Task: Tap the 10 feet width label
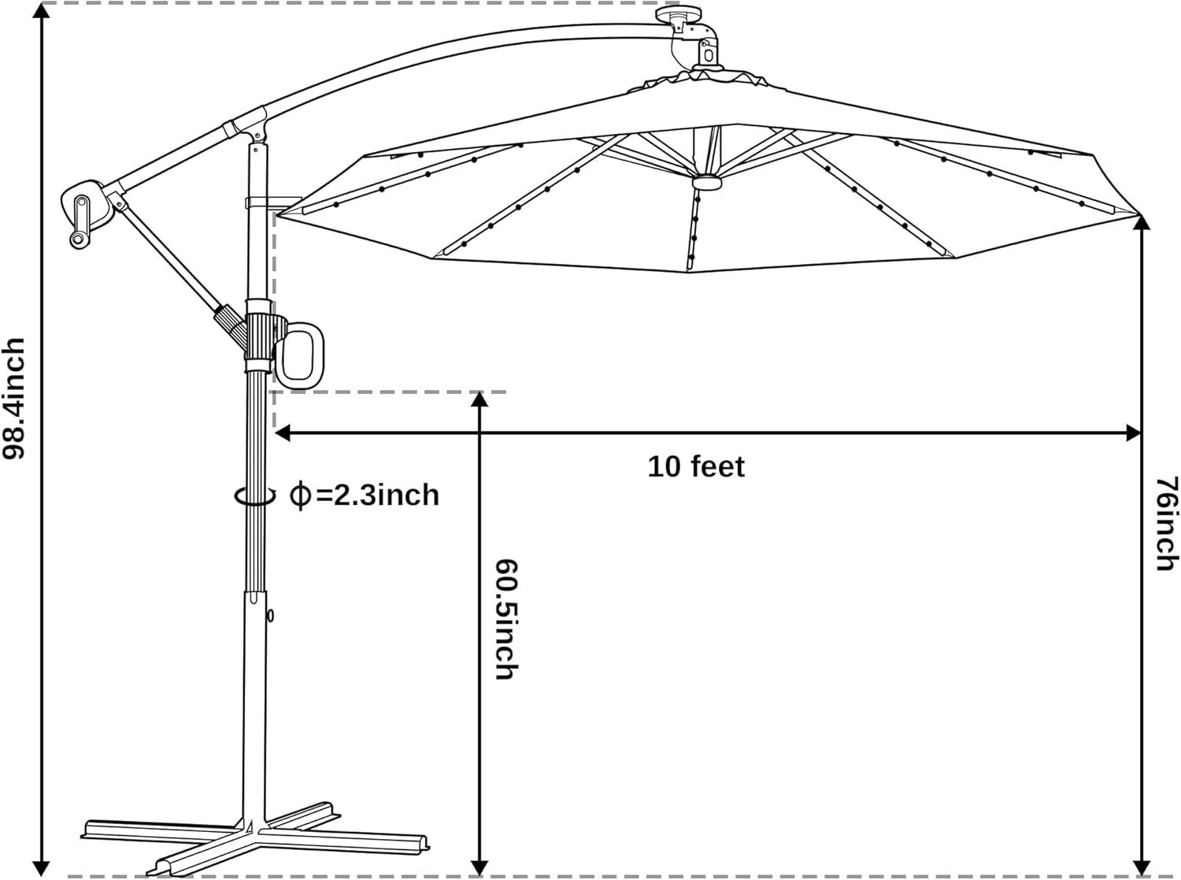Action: [695, 466]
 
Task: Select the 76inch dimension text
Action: [1166, 523]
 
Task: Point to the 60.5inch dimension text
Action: [504, 619]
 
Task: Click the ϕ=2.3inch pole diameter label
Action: [365, 495]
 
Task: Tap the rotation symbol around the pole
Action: [255, 496]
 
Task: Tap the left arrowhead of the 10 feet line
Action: [281, 432]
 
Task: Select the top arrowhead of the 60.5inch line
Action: [478, 398]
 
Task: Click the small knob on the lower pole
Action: [271, 615]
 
